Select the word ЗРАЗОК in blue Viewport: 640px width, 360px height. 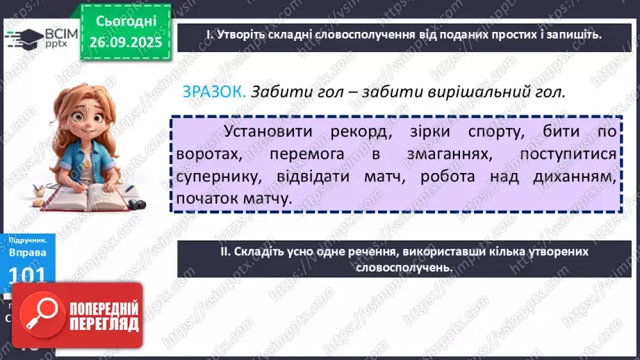213,92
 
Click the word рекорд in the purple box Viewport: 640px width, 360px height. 370,132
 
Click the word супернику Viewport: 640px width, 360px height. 215,177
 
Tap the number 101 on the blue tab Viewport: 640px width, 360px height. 28,276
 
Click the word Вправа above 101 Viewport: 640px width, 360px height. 28,254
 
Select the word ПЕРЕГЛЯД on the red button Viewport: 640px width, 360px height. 105,325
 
